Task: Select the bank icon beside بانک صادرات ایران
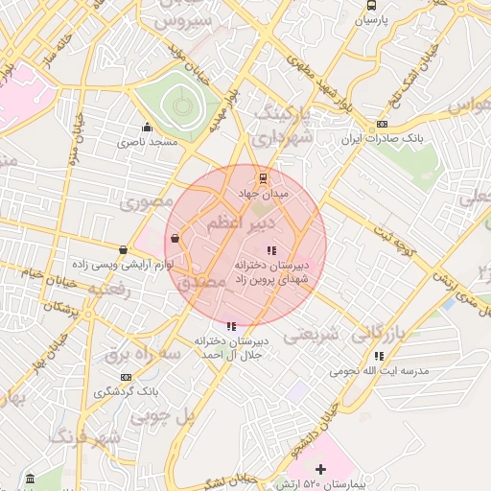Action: tap(382, 124)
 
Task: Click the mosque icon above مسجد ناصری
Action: tap(147, 127)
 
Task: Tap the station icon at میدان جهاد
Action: tap(263, 177)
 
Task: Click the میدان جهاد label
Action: tap(262, 193)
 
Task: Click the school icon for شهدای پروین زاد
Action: tap(269, 250)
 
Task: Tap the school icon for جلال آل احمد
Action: tap(230, 325)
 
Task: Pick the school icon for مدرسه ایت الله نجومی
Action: tap(380, 355)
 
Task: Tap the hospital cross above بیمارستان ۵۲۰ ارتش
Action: tap(320, 469)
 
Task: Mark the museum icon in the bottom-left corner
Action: tap(31, 478)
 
